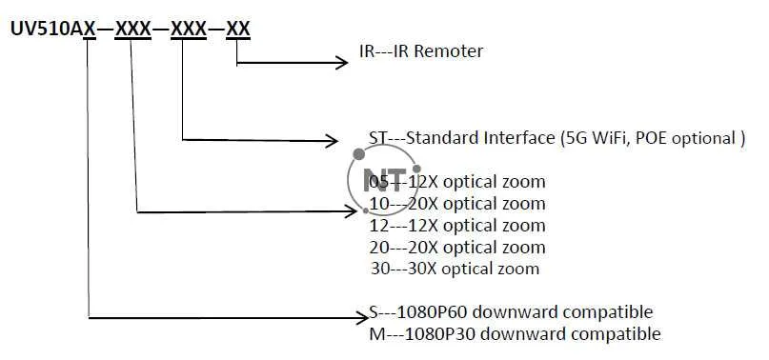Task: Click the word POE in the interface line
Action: pos(649,138)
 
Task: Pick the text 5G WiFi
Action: pos(592,138)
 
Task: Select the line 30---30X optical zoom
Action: pos(454,269)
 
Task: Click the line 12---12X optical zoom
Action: pos(456,226)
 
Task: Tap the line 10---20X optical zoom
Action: pos(456,204)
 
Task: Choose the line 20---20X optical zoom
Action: pos(456,248)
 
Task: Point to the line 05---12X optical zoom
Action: pos(456,182)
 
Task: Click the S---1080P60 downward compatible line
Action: pos(510,311)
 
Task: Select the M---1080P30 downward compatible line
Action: pos(514,333)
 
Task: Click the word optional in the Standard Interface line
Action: pos(702,138)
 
